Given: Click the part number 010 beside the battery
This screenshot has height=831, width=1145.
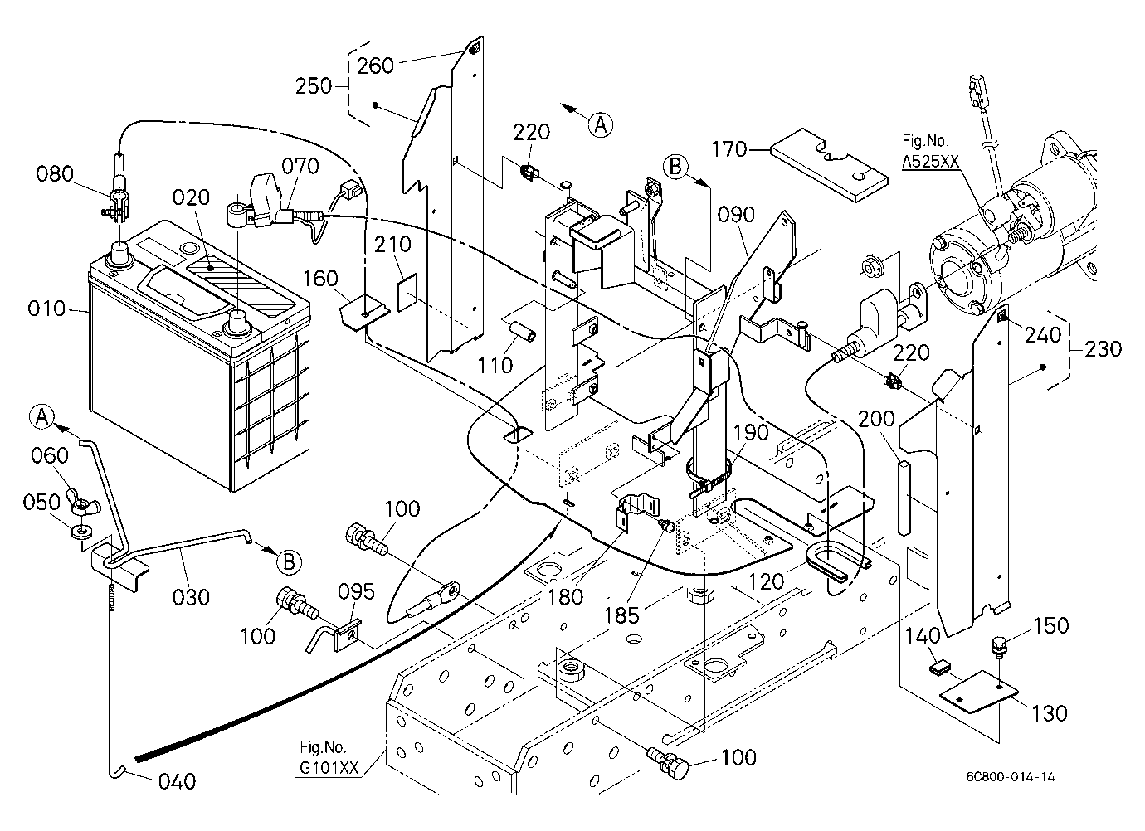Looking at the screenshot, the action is pyautogui.click(x=46, y=309).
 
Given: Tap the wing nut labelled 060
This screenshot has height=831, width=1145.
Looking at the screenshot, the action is pyautogui.click(x=81, y=503).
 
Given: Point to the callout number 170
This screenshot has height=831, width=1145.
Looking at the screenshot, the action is pyautogui.click(x=729, y=149).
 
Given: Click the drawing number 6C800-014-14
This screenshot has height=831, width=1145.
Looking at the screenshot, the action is pyautogui.click(x=1010, y=777).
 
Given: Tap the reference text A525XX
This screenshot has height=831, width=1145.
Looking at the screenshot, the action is pyautogui.click(x=930, y=162).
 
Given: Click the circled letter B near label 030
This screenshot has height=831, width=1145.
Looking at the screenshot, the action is pyautogui.click(x=289, y=562).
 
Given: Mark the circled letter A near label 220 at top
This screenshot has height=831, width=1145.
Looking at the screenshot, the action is pyautogui.click(x=600, y=124).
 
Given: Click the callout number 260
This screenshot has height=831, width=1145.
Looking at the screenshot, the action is pyautogui.click(x=375, y=66).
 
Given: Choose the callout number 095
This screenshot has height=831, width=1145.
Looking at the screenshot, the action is pyautogui.click(x=356, y=592).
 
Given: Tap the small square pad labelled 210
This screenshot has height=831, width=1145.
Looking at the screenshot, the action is pyautogui.click(x=407, y=292).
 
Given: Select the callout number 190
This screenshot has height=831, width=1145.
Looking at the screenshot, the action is pyautogui.click(x=752, y=433).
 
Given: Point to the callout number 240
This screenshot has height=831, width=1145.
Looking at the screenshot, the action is pyautogui.click(x=1043, y=336).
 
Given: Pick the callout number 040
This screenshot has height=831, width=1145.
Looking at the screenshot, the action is pyautogui.click(x=177, y=781).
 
